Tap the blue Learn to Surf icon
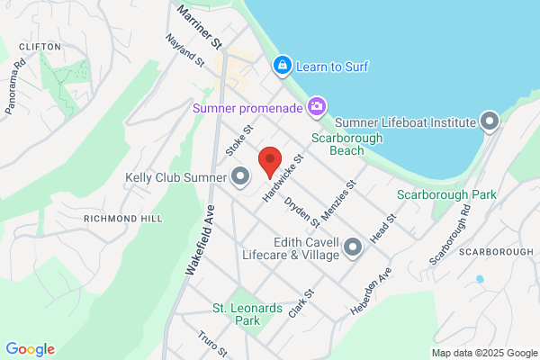[282, 66]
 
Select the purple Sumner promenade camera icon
[316, 108]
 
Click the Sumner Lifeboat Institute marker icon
[490, 121]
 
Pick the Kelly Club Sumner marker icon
[240, 176]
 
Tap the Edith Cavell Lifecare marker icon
[352, 246]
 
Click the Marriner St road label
[199, 24]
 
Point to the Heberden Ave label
[369, 291]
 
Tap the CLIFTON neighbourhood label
[39, 46]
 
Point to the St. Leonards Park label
[236, 314]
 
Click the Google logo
[30, 349]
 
